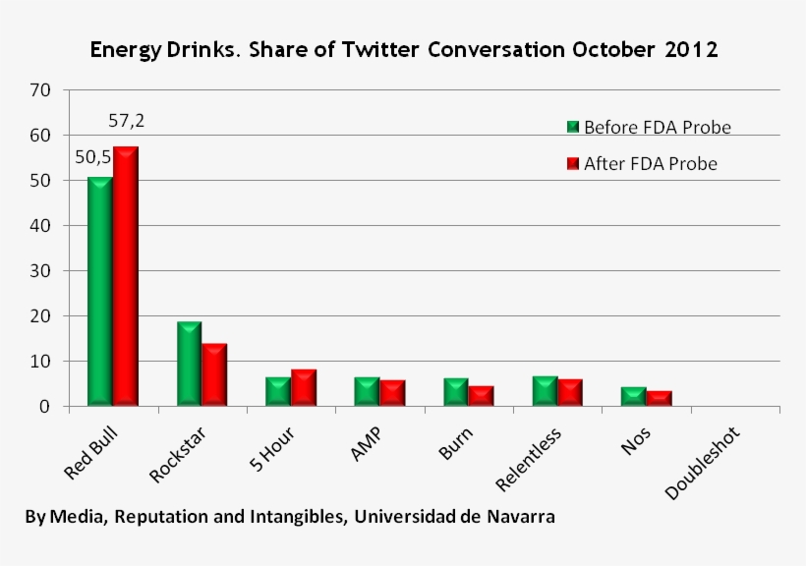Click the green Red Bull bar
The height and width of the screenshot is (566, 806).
coord(100,292)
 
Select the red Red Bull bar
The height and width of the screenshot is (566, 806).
coord(126,276)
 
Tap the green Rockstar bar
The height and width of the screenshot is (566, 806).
coord(189,364)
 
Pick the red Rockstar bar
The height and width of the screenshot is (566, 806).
coord(214,374)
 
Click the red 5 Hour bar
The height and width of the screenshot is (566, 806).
coord(304,387)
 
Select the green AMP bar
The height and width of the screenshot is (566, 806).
coord(367,392)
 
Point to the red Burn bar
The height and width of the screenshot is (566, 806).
coord(481,396)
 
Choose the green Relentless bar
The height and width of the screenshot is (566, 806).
coord(545,391)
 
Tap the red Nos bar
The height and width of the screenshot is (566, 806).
coord(659,398)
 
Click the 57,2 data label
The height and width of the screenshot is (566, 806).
coord(127,121)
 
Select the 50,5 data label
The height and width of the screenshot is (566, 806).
coord(93,157)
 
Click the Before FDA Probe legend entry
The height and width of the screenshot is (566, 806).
coord(649,127)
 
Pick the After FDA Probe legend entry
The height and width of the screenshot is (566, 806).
coord(642,163)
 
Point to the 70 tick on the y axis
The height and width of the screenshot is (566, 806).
coord(40,90)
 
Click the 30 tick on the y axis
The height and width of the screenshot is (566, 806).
coord(40,271)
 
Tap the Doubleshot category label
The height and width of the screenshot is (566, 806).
coord(703,463)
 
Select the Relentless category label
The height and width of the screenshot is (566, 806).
coord(529,459)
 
